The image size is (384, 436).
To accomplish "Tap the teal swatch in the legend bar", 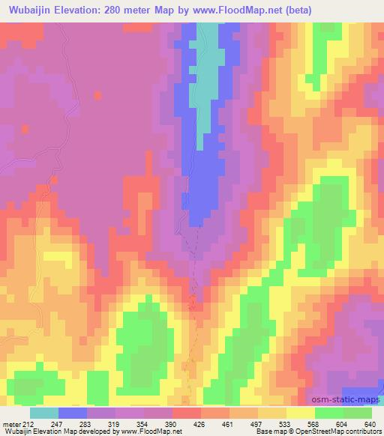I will click(44, 414).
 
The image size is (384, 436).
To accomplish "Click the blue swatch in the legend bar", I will click(73, 414).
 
